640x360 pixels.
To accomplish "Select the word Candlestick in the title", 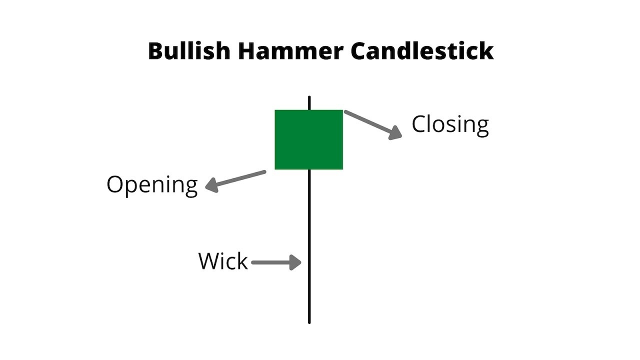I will [x=422, y=51].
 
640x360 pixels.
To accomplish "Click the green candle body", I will [x=308, y=139].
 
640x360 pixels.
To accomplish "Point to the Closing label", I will [x=450, y=124].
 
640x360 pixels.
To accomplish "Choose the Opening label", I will [x=152, y=184].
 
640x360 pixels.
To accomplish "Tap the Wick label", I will [x=223, y=261].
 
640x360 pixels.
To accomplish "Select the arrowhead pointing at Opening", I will [x=211, y=186].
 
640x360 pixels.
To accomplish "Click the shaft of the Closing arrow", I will [x=367, y=120].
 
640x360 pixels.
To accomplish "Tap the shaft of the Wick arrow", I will [x=270, y=262].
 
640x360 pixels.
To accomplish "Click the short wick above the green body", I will [x=309, y=102].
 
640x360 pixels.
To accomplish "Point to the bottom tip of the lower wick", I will [x=309, y=321].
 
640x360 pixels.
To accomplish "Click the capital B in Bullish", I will [x=156, y=51].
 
